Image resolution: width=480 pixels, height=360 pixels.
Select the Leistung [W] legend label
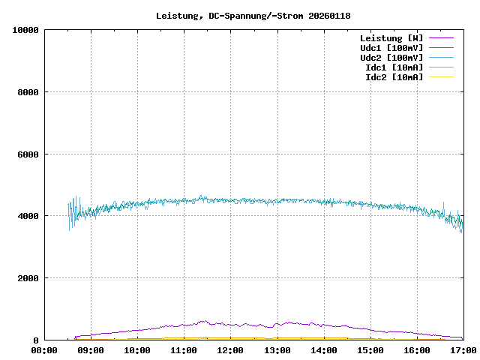click(391, 38)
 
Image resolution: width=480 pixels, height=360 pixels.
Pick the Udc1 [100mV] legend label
click(391, 48)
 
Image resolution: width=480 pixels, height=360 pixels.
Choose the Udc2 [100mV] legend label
click(391, 58)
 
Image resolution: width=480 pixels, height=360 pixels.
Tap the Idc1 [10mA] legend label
click(394, 67)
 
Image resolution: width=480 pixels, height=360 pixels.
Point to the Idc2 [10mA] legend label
click(394, 77)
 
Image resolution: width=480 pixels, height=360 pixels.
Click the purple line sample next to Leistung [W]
click(441, 38)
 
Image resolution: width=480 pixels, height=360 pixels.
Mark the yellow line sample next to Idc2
click(441, 77)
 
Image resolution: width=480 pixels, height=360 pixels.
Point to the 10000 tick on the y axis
click(25, 30)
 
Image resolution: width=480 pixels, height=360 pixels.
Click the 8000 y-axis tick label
click(28, 92)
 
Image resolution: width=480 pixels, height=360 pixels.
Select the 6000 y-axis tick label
click(28, 154)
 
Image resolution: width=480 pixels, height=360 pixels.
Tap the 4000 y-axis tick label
click(28, 216)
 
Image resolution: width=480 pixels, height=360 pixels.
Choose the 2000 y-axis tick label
click(28, 278)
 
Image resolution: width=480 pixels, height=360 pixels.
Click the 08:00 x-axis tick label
click(44, 350)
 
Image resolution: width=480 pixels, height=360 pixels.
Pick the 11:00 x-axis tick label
click(184, 350)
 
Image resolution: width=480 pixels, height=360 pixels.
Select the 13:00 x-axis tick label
click(277, 350)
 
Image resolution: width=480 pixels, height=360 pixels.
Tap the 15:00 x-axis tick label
click(370, 350)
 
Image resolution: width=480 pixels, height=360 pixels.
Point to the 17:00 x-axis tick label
click(463, 350)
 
